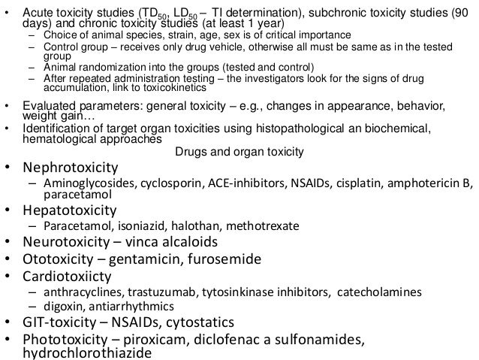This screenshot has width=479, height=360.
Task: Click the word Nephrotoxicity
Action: pyautogui.click(x=71, y=167)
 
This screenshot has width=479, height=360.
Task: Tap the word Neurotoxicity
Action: pyautogui.click(x=67, y=242)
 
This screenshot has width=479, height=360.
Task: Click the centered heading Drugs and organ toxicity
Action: pyautogui.click(x=239, y=152)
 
